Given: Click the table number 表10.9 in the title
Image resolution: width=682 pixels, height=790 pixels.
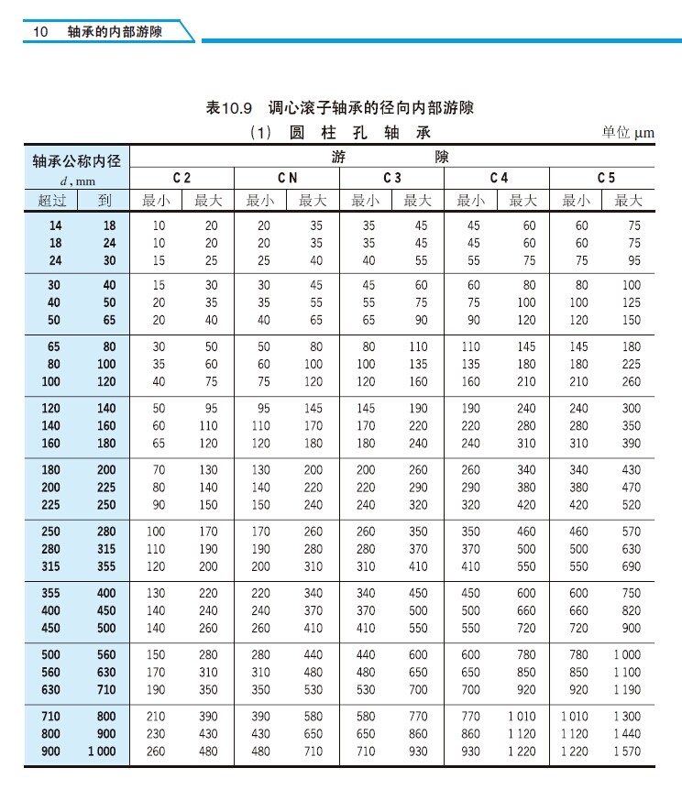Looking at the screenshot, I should coord(229,108).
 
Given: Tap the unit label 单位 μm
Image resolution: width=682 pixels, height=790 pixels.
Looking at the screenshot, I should coord(629,133).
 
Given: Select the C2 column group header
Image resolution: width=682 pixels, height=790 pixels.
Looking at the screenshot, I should coord(182,178).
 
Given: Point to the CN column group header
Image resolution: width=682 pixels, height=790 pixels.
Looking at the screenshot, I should coord(287,178).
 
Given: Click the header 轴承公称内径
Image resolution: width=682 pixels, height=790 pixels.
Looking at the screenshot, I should coord(76,161).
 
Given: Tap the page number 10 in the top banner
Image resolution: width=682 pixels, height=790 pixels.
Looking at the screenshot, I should coord(40,31).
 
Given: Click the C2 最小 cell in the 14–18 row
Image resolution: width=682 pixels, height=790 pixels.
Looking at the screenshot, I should coord(159,225).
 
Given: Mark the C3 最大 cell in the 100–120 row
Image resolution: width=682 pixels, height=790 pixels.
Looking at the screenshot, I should coord(418,381).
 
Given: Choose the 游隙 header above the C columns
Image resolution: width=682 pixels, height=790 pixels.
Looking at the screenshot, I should coord(392,157).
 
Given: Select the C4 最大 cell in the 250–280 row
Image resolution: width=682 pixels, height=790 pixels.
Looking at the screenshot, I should coord(523,532).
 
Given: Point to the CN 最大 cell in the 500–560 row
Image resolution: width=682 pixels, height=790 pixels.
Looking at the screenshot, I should coord(313,655).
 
